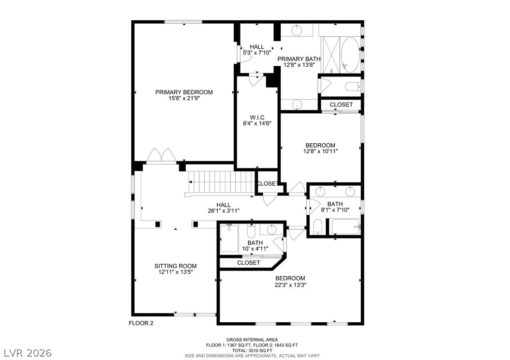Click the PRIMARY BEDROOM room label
click(x=184, y=92)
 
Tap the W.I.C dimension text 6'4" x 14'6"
click(x=257, y=123)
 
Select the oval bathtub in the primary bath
click(x=350, y=55)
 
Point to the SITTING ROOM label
click(x=175, y=266)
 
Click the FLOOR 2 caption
click(x=141, y=323)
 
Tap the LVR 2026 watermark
click(x=28, y=353)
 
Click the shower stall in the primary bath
click(x=331, y=55)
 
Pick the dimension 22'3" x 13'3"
click(x=290, y=285)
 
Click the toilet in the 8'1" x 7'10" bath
click(x=318, y=226)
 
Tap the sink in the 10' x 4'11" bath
click(x=271, y=229)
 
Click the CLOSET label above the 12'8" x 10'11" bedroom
click(x=341, y=105)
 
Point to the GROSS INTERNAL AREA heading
click(x=252, y=340)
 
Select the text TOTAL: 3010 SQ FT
click(x=252, y=351)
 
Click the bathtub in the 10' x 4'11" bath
click(x=229, y=239)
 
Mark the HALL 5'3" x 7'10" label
click(x=257, y=49)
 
